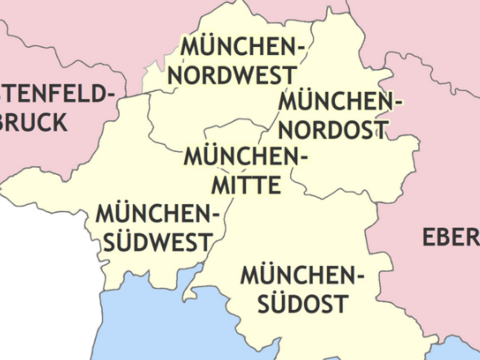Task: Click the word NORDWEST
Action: pyautogui.click(x=232, y=75)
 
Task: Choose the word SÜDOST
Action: pyautogui.click(x=299, y=303)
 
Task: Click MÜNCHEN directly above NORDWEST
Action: pyautogui.click(x=240, y=47)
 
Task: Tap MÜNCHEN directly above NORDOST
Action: pyautogui.click(x=339, y=101)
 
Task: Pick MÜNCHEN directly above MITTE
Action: pyautogui.click(x=246, y=157)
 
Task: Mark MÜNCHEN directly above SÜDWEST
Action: pyautogui.click(x=157, y=213)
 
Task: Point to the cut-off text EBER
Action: pyautogui.click(x=451, y=237)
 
